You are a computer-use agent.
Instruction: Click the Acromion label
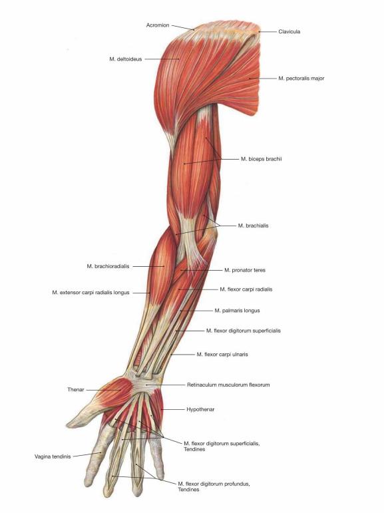(158, 25)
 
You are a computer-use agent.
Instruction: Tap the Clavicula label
(289, 32)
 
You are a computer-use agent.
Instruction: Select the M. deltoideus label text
(126, 59)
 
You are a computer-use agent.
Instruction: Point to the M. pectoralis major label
(301, 79)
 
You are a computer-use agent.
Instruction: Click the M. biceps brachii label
(262, 159)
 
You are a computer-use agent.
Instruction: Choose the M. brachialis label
(253, 226)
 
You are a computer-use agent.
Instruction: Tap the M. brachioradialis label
(108, 266)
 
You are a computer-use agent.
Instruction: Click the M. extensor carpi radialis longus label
(91, 293)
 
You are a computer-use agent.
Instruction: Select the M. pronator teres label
(245, 270)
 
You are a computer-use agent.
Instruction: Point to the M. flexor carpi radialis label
(246, 289)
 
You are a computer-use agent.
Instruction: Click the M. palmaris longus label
(237, 311)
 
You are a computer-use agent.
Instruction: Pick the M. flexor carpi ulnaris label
(222, 355)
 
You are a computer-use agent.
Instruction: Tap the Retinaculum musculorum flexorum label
(228, 385)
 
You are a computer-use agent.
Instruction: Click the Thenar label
(76, 390)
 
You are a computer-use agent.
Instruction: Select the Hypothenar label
(200, 409)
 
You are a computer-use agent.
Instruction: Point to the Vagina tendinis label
(53, 456)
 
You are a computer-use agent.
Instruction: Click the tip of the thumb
(68, 425)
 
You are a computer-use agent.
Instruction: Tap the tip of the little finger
(160, 477)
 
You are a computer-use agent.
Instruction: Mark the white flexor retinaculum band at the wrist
(144, 383)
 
